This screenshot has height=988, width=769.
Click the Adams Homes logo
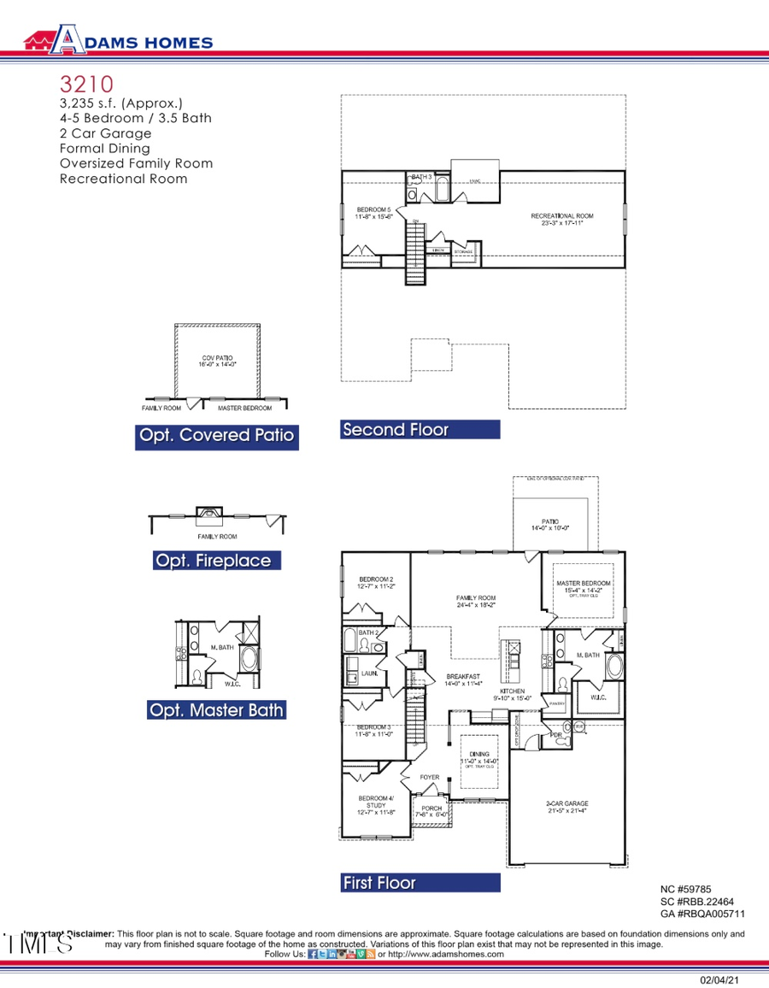118,41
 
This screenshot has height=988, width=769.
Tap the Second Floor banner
395,430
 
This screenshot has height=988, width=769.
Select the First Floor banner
379,883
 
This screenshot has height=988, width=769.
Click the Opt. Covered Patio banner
216,436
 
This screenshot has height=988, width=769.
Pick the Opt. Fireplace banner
213,561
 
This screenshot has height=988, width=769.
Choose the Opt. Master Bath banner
216,710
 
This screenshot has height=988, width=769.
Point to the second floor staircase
414,253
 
